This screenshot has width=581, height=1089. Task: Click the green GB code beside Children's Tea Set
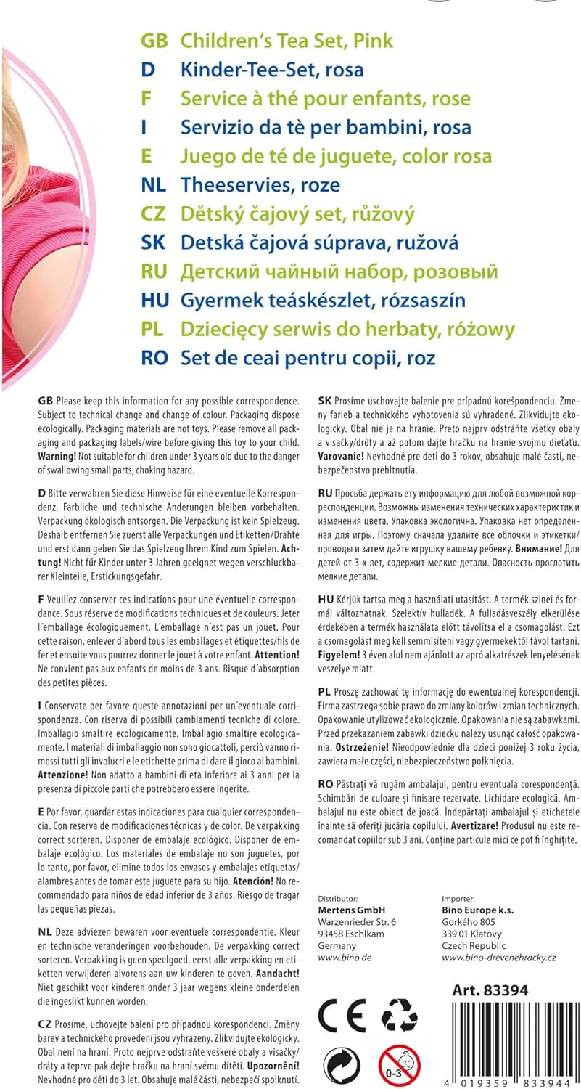(x=154, y=41)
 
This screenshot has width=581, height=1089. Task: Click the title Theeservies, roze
(x=260, y=185)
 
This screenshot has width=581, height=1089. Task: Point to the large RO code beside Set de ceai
(x=155, y=358)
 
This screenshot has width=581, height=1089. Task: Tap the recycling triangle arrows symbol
(x=399, y=1014)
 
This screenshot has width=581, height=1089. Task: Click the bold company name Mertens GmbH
(x=352, y=910)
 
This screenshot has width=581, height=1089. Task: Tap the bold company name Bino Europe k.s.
(x=479, y=910)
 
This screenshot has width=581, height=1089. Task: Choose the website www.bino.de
(x=345, y=958)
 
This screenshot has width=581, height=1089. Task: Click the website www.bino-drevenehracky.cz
(x=498, y=958)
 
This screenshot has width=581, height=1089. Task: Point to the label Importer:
(x=458, y=898)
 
